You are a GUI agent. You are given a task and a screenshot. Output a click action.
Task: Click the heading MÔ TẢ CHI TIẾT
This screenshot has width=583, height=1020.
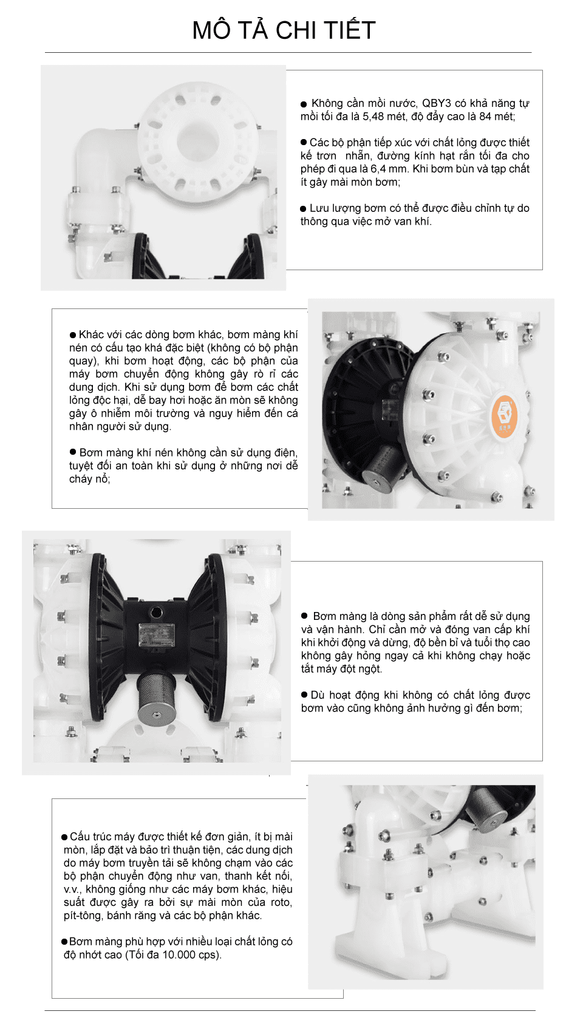(284, 30)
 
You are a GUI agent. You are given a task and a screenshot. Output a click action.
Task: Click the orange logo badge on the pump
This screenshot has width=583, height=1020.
(504, 415)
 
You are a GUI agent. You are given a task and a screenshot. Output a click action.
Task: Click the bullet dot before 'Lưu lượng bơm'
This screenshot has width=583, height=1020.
(304, 209)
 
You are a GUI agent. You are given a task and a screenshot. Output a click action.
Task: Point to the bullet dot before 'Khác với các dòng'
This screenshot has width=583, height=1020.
(73, 335)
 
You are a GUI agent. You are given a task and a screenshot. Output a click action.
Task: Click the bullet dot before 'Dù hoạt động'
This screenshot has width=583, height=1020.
(305, 695)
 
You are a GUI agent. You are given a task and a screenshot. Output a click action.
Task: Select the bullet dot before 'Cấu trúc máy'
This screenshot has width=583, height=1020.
(65, 837)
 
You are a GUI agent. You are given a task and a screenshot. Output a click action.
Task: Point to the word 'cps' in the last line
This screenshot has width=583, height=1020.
(207, 954)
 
